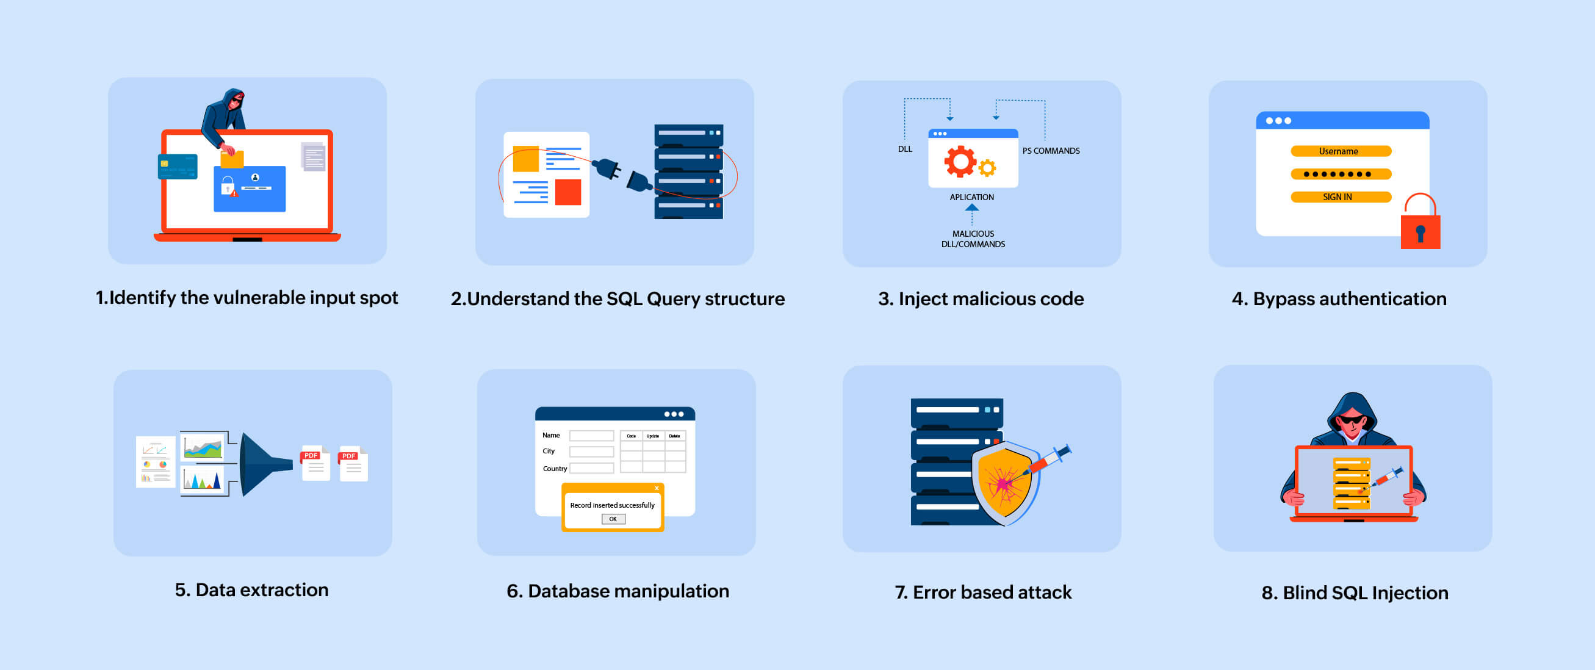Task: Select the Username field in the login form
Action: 1341,151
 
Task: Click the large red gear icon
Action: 960,161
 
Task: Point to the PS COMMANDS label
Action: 1051,151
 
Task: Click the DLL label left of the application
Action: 905,149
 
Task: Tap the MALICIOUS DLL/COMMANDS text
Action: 973,239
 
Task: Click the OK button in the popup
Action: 613,519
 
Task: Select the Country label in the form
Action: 555,469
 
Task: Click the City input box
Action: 591,452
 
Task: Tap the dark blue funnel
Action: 263,464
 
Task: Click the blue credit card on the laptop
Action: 178,167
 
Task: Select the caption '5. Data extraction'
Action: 251,590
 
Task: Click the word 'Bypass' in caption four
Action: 1284,299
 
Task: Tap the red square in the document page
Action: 568,192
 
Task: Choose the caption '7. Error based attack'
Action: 982,593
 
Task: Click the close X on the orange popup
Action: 657,489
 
